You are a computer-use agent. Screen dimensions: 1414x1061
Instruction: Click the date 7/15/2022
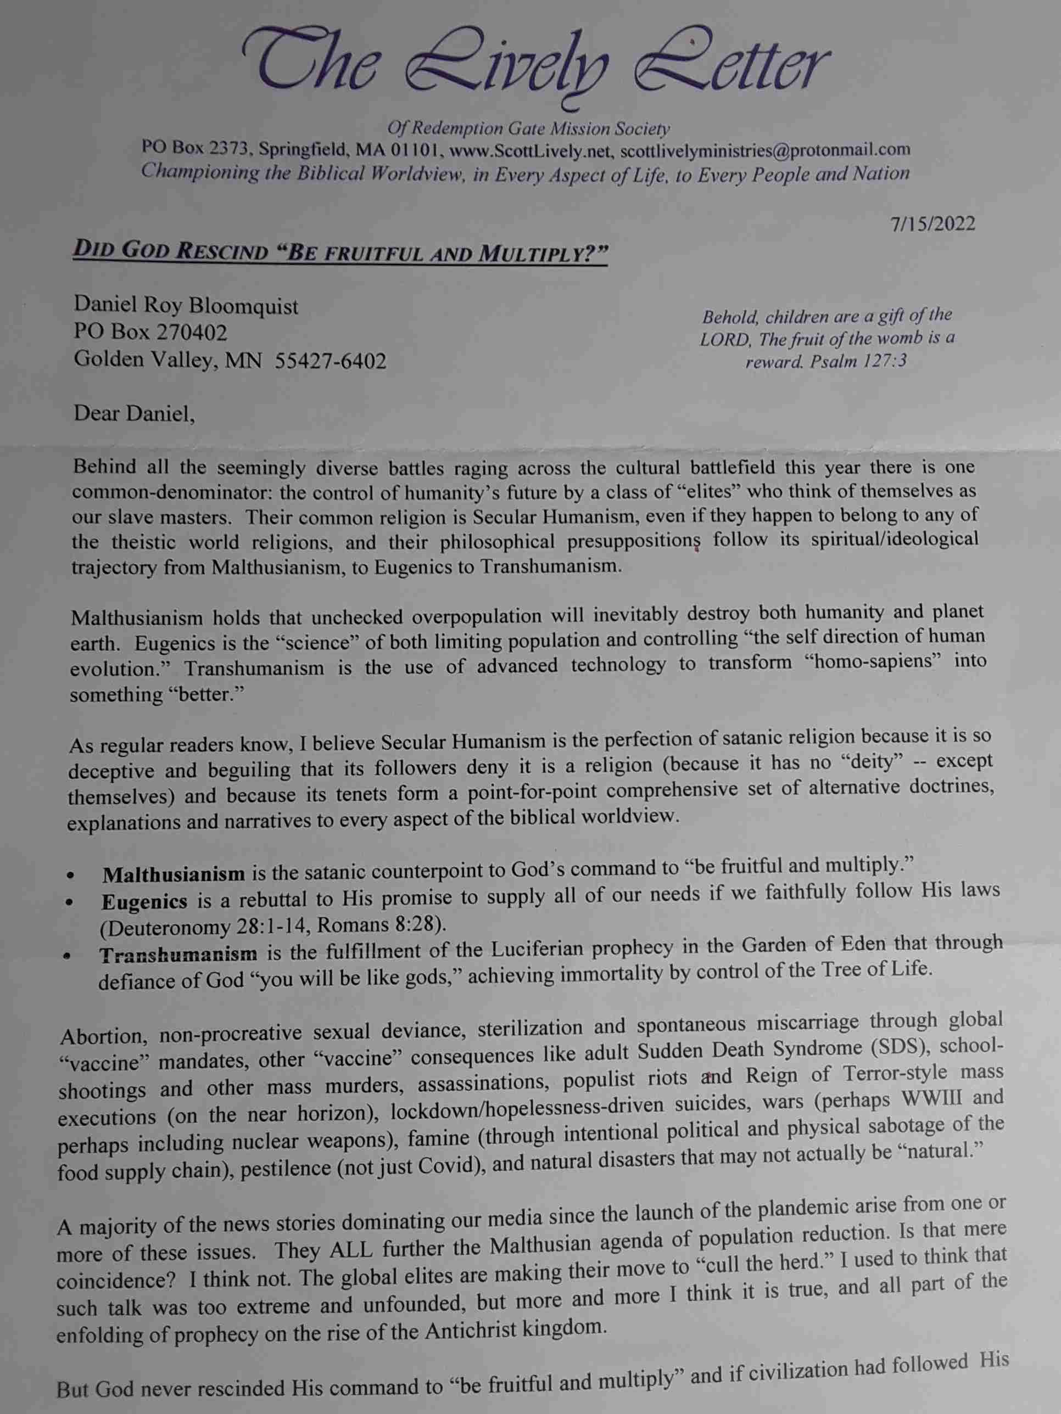933,225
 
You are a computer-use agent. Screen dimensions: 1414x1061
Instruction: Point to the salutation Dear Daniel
133,414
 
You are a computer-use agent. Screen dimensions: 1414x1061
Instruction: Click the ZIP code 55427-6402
330,362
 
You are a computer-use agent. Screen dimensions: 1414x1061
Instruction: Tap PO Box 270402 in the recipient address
150,333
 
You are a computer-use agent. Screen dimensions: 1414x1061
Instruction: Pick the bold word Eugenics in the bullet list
144,901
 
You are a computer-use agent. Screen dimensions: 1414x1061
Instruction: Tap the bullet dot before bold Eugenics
70,904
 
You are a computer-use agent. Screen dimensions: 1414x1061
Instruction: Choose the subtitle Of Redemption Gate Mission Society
529,128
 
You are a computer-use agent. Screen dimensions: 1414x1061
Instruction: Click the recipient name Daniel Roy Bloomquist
186,307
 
